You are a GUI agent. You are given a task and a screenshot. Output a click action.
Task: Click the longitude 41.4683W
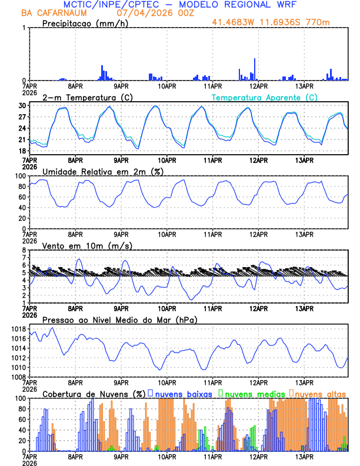point(235,22)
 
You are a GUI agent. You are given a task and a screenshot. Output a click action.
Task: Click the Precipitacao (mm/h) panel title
point(85,24)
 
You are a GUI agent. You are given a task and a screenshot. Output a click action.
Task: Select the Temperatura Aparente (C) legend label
point(264,97)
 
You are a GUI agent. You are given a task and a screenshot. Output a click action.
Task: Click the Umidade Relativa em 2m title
point(102,171)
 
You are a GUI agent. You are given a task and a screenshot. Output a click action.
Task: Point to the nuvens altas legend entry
point(320,393)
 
